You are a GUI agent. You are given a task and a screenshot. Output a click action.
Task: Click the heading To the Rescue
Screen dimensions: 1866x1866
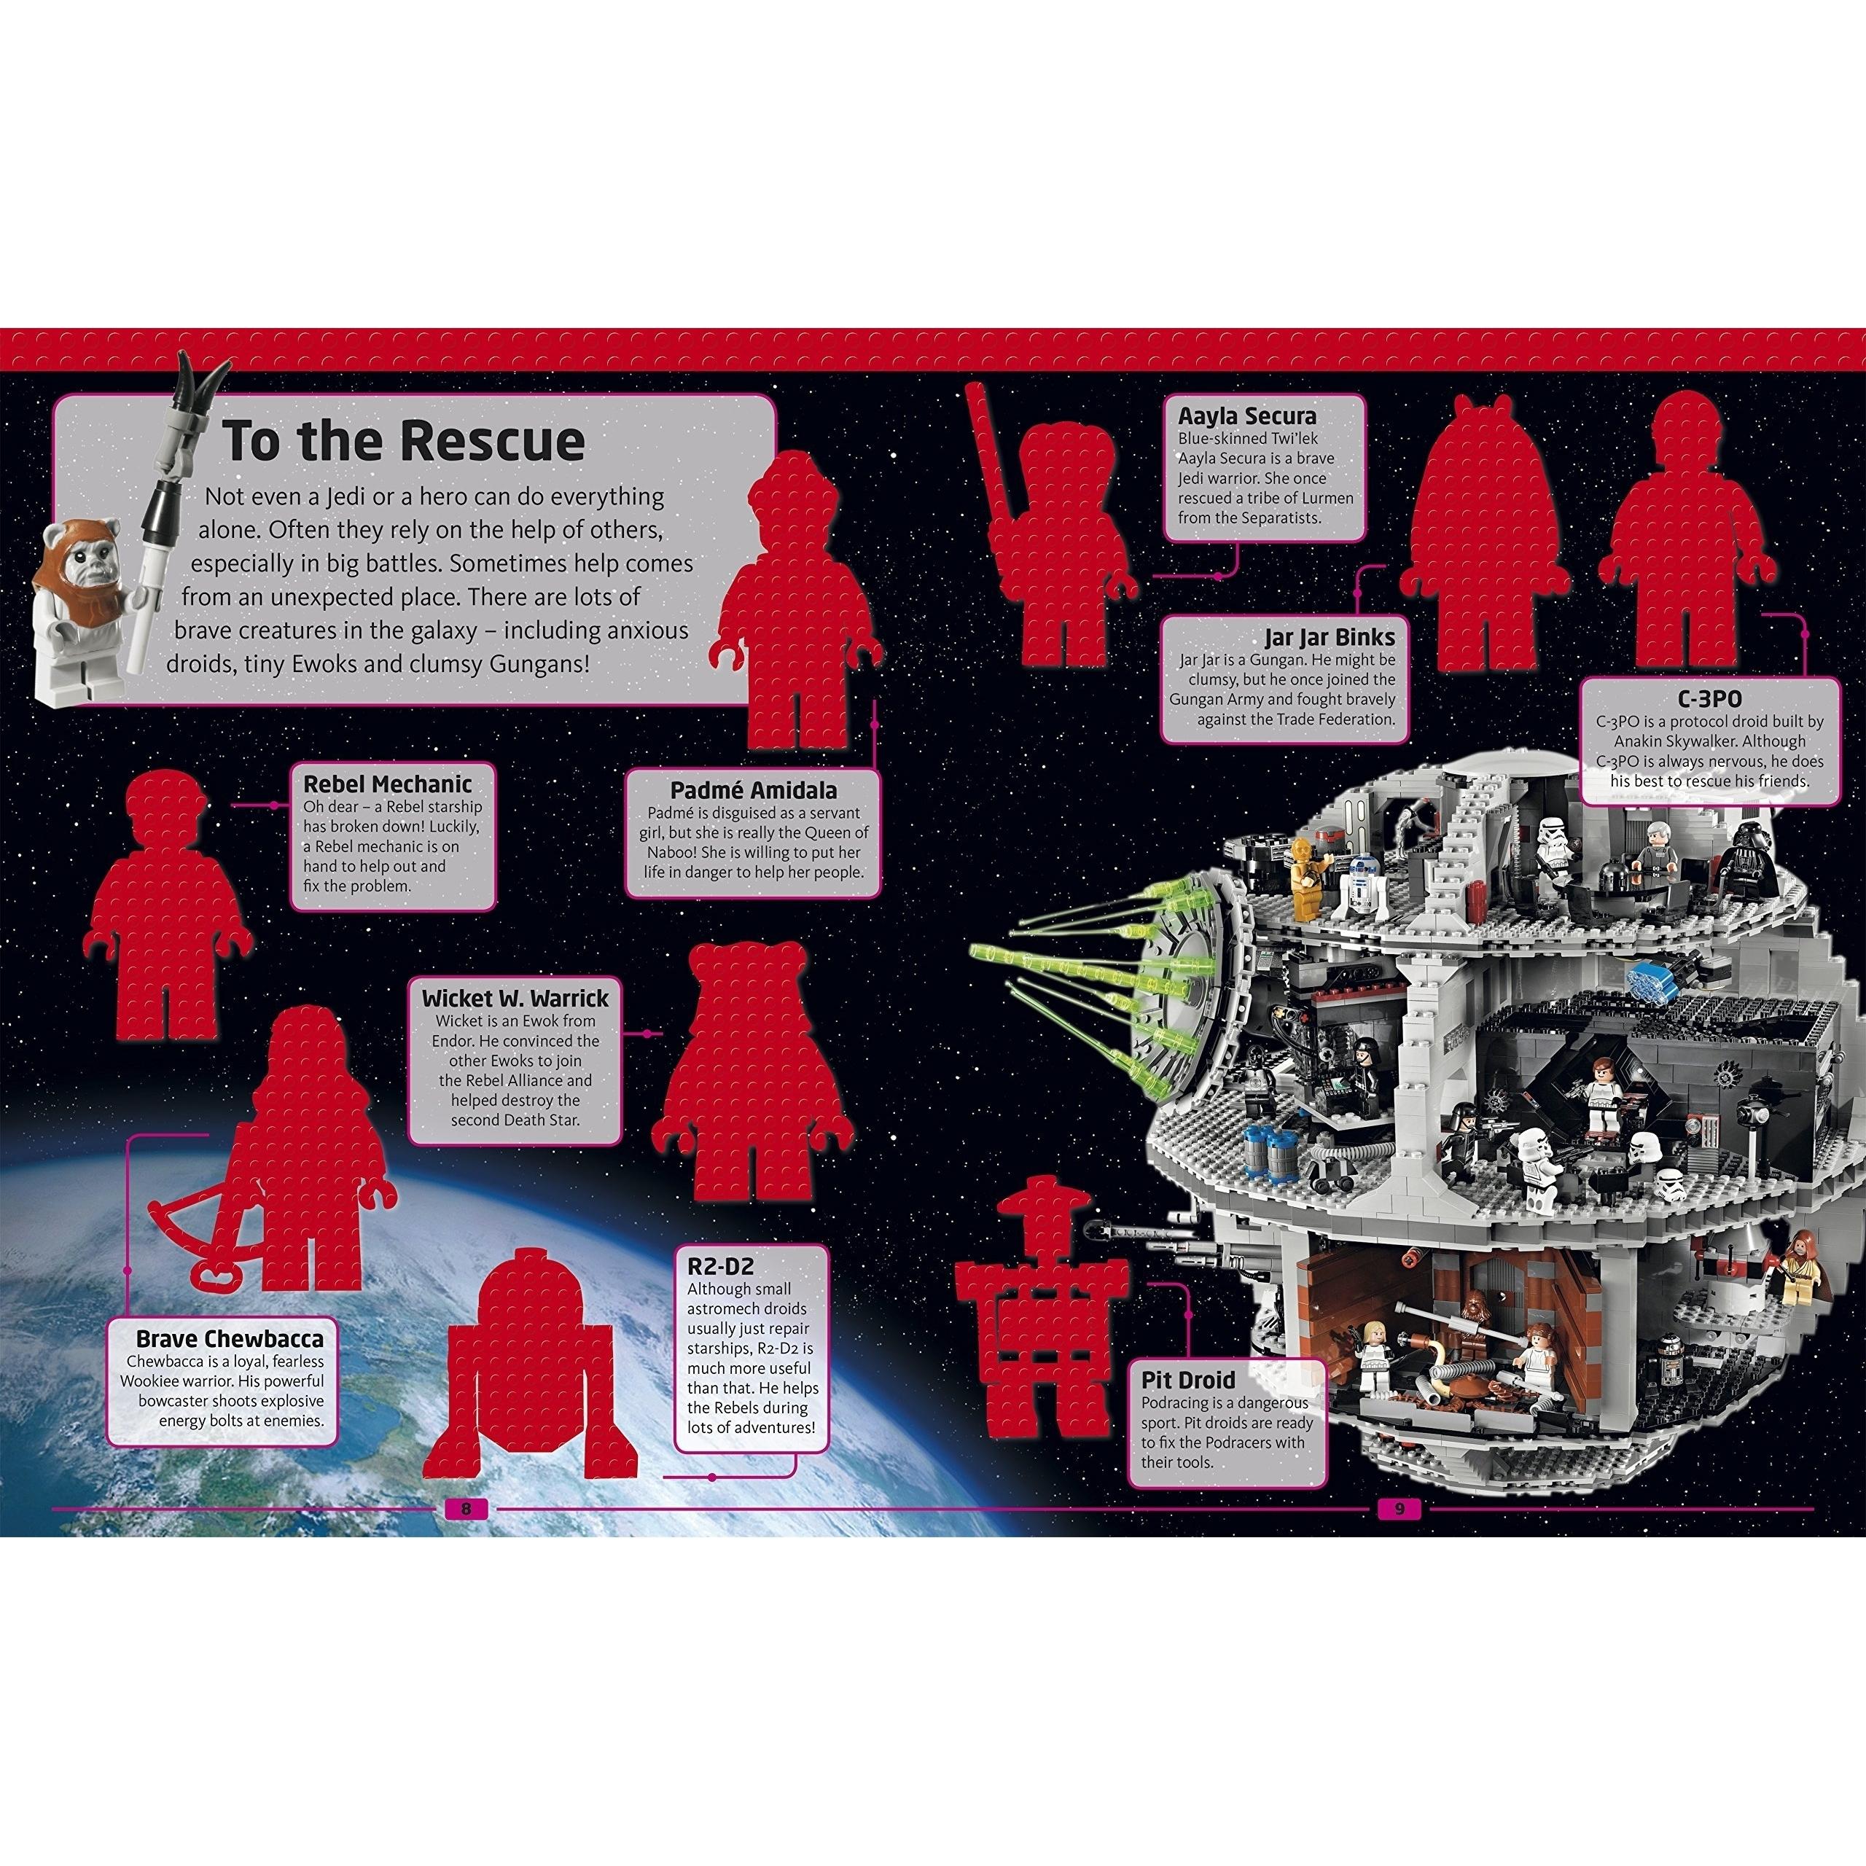[x=404, y=440]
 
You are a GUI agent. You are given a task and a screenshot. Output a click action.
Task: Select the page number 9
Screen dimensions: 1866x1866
[x=1397, y=1510]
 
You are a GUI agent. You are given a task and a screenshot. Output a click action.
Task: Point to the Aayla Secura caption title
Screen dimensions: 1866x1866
[x=1247, y=416]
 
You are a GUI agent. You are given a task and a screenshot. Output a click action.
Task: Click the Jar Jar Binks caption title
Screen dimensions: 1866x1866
[x=1330, y=639]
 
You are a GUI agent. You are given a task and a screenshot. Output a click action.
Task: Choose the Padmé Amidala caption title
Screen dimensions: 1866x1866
[x=754, y=791]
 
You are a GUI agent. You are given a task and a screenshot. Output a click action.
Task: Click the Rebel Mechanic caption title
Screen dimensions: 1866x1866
[x=387, y=784]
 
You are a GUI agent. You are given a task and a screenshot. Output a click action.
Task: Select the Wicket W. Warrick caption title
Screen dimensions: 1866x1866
[x=515, y=998]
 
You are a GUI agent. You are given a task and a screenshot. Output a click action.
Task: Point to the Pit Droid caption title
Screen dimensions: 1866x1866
[x=1188, y=1380]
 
